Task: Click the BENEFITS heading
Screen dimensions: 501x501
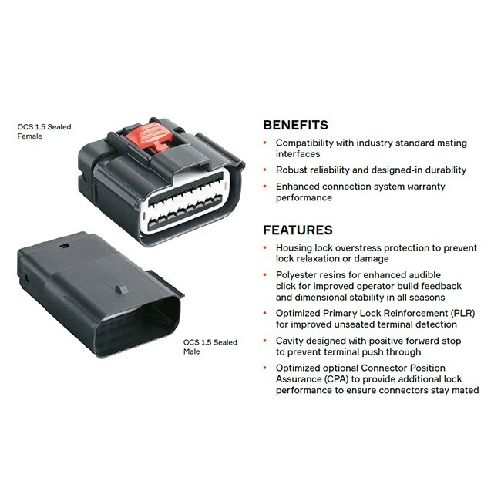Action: tap(295, 125)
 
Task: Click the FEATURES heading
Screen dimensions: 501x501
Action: tap(298, 230)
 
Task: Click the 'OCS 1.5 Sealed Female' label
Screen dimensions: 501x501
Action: tap(44, 131)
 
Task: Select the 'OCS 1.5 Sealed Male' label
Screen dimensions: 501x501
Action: tap(210, 347)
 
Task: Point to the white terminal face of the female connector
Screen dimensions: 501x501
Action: tap(185, 200)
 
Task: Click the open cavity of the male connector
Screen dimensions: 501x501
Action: tap(137, 326)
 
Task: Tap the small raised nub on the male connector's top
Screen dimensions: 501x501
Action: tap(122, 290)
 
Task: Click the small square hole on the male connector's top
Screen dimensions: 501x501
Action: tap(65, 246)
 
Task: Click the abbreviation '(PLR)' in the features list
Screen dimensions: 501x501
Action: tap(462, 313)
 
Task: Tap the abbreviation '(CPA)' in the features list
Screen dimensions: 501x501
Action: tap(336, 379)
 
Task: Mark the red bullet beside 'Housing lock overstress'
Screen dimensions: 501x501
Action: tap(265, 247)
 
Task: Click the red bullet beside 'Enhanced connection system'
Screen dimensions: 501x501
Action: tap(265, 186)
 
